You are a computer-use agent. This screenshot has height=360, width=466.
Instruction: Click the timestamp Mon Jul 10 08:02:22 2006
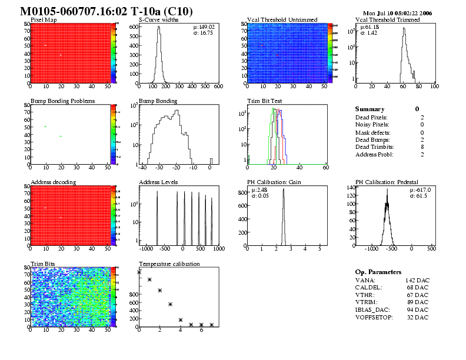coord(397,12)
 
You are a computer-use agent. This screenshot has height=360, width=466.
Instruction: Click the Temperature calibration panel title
coord(169,264)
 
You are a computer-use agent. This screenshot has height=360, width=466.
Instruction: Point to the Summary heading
coord(370,109)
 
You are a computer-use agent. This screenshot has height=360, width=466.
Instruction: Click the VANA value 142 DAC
coord(417,280)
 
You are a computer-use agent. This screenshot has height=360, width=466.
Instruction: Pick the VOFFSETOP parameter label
coord(376,317)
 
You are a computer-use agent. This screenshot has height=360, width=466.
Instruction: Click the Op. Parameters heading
coord(378,272)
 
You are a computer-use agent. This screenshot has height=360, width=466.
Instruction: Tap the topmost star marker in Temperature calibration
coord(139,272)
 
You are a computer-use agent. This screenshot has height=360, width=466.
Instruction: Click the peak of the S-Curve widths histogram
coord(158,27)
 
